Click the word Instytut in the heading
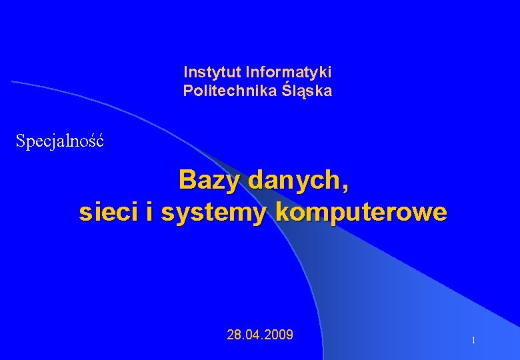click(213, 71)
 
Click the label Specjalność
click(60, 141)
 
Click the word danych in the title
click(297, 180)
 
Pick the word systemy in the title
click(215, 213)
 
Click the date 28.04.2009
click(260, 335)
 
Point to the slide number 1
click(473, 341)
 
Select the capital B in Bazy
click(187, 179)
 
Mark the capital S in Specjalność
click(21, 141)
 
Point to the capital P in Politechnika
click(188, 91)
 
